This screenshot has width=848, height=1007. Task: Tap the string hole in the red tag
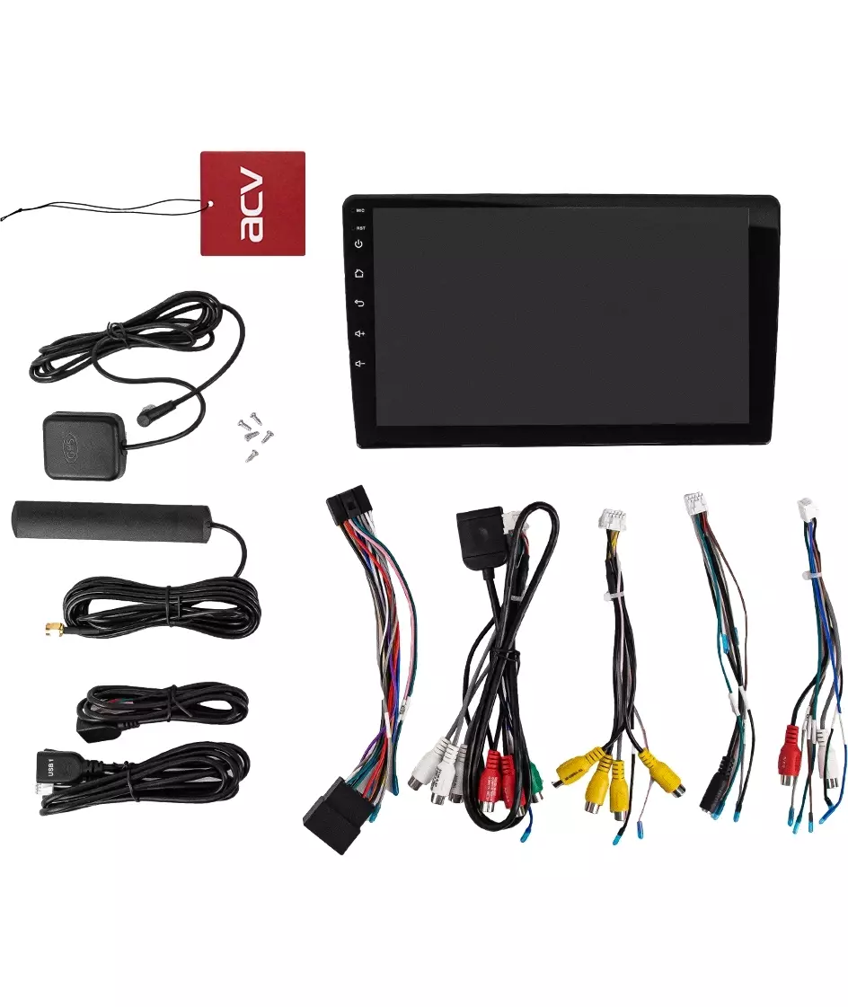(x=209, y=205)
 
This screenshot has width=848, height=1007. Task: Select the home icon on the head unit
(x=359, y=273)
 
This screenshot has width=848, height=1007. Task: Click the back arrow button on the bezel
(x=359, y=303)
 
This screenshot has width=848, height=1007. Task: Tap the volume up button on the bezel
(x=359, y=333)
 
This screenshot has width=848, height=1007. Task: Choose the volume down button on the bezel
(x=359, y=363)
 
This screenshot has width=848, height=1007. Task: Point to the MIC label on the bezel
(x=359, y=211)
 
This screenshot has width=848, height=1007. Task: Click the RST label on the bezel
(x=359, y=227)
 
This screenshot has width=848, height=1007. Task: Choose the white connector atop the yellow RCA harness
(x=613, y=520)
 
